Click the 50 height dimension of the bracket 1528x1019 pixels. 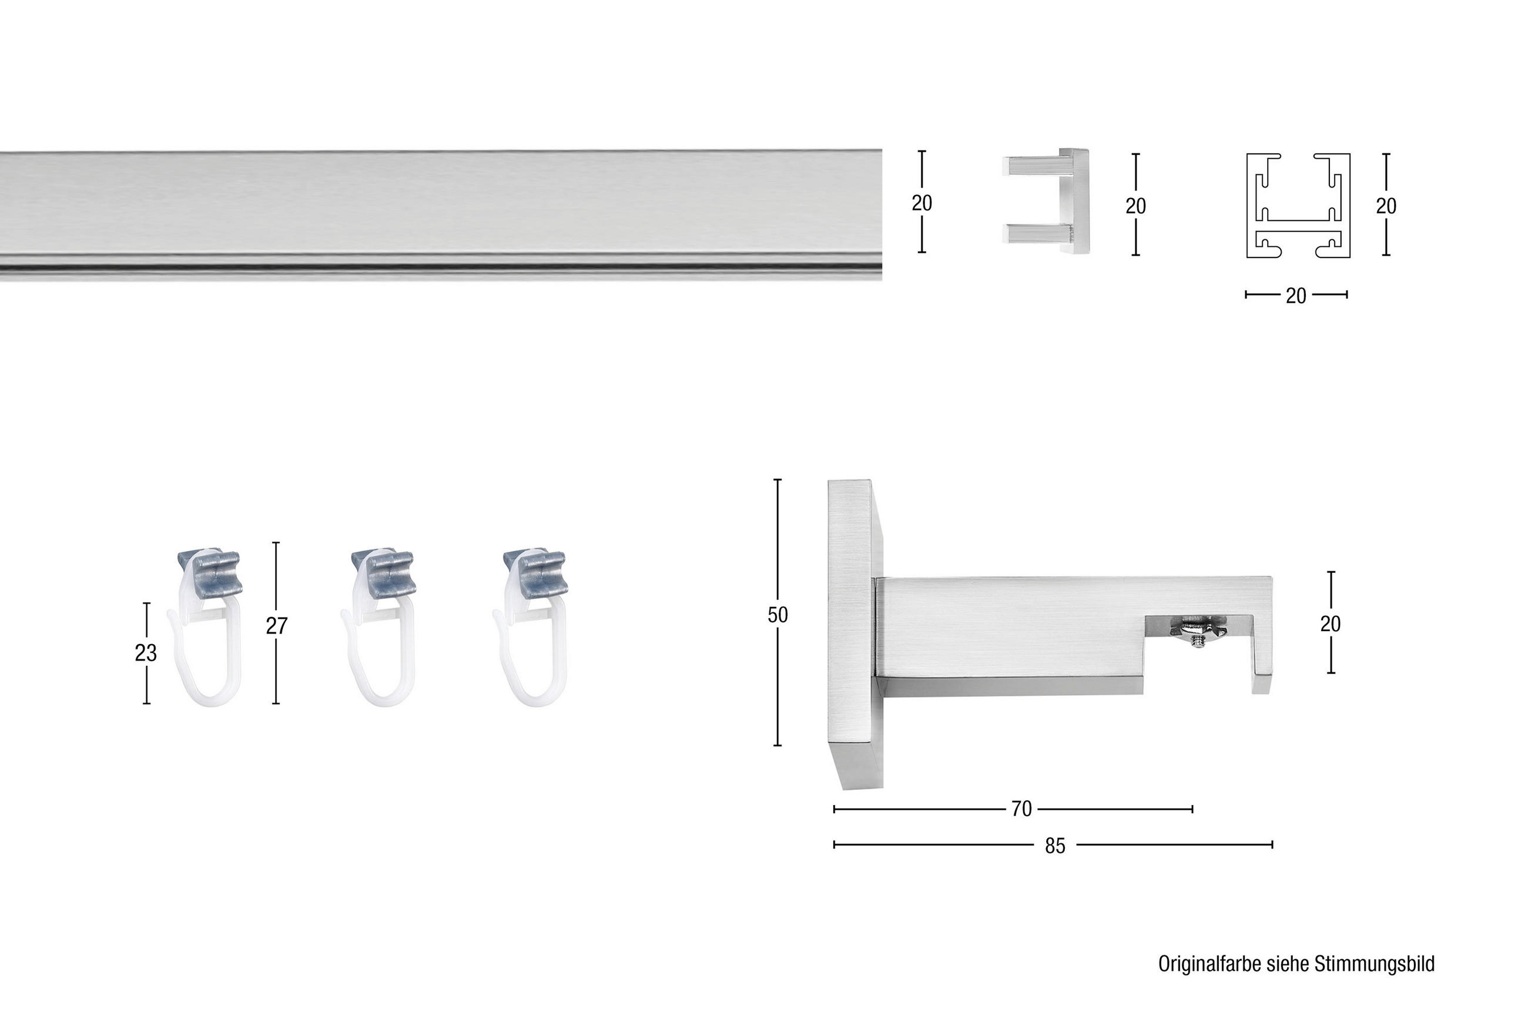pos(778,615)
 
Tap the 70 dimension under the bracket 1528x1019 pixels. pos(1021,809)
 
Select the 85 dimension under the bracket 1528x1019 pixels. pos(1055,846)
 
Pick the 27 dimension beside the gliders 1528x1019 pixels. pos(276,626)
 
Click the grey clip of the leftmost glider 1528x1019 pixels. pos(210,572)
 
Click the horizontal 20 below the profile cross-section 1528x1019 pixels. pos(1295,296)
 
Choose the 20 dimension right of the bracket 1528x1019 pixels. pos(1331,624)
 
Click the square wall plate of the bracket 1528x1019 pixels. pos(855,633)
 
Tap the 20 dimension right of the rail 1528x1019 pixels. pos(922,203)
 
